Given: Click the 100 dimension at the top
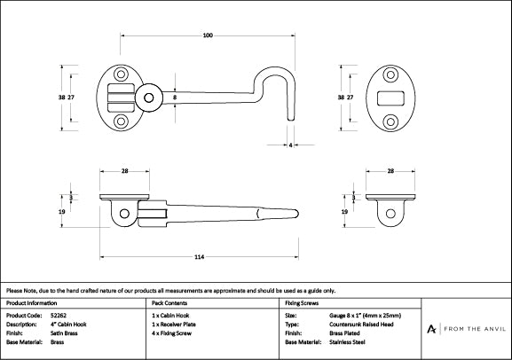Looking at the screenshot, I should point(207,35).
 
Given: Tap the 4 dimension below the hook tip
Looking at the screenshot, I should point(290,144).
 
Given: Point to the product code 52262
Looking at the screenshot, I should point(59,315).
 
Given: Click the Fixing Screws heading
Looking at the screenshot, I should point(302,303).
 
